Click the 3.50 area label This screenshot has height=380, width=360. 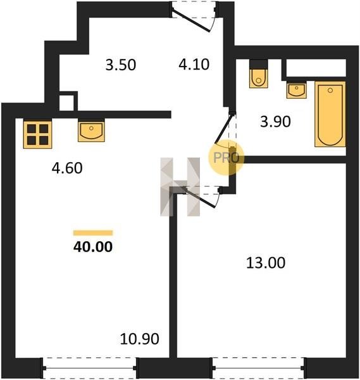(121, 65)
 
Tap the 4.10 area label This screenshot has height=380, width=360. (194, 65)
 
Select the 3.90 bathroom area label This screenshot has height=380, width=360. (275, 122)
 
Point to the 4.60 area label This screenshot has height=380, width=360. (67, 168)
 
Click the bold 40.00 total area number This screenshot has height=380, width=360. (93, 247)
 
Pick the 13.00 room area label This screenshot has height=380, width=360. (266, 263)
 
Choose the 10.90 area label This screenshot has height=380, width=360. (140, 339)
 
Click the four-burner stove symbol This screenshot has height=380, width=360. (37, 134)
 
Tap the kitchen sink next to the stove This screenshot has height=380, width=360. (91, 131)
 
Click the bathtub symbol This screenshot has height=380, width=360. (330, 114)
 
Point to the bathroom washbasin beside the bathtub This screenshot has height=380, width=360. (296, 90)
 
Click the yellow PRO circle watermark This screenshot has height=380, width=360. (226, 158)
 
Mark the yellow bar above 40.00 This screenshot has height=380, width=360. (93, 233)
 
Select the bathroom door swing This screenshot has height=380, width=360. (225, 130)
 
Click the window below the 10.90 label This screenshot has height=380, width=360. (90, 368)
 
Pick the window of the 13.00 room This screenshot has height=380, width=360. (258, 368)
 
